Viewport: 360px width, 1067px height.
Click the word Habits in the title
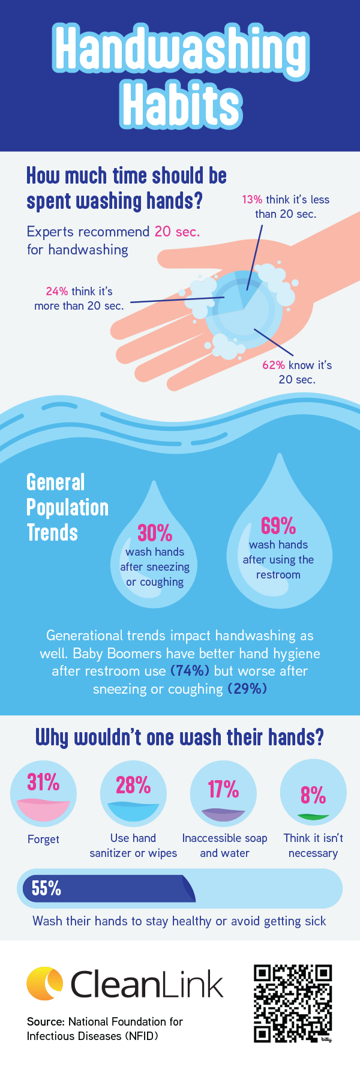182,106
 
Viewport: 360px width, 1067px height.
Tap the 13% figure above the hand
252,200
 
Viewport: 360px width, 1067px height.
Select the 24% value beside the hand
57,292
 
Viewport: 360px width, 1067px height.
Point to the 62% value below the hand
274,365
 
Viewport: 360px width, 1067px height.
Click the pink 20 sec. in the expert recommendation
177,232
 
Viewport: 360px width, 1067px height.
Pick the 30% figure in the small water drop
155,533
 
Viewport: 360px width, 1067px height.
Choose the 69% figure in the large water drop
278,526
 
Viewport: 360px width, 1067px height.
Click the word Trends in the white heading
52,533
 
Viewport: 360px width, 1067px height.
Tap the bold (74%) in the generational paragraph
190,671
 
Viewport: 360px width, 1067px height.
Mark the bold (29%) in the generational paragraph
247,689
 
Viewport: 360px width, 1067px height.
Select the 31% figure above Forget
43,783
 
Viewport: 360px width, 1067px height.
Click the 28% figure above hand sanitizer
133,785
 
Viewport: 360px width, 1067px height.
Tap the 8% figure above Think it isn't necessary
313,796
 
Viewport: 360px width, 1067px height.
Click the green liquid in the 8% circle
313,817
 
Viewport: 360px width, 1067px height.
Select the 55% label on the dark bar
46,888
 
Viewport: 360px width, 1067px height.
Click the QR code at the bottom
293,1003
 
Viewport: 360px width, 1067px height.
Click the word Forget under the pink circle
43,840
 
